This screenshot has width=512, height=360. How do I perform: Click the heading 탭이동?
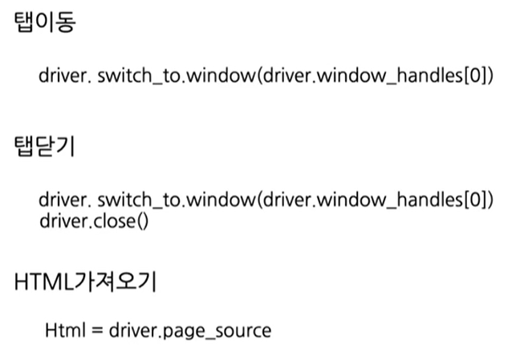45,23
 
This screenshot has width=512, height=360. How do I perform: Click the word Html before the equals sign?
63,330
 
